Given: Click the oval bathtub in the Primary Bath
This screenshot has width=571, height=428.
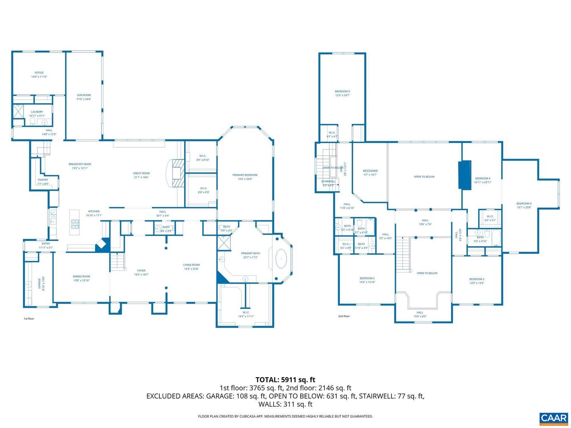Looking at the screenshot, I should [281, 259].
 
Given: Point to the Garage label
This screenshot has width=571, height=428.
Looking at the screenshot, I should [40, 283].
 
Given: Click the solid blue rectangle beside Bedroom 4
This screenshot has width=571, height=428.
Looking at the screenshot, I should [465, 175].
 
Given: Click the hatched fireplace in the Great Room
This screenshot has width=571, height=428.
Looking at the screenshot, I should [178, 173].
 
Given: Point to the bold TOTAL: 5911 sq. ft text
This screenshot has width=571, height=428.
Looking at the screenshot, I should [285, 380].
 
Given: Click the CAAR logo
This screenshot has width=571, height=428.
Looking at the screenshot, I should [553, 418].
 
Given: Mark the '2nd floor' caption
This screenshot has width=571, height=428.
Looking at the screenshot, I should [344, 316].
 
